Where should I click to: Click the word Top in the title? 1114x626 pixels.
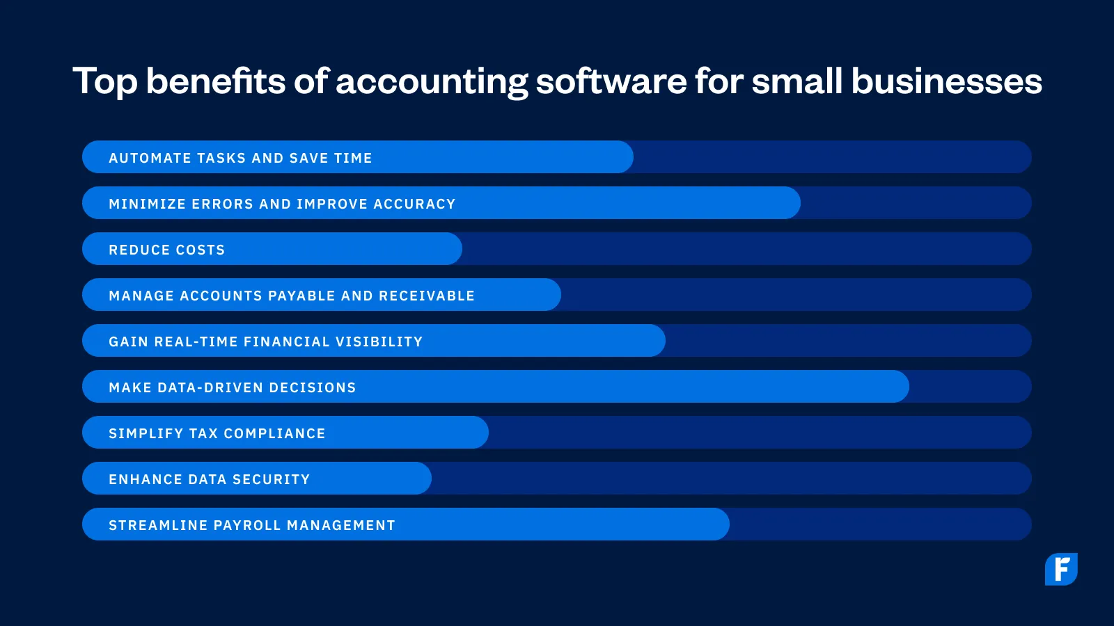105,82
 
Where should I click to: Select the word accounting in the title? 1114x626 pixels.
432,82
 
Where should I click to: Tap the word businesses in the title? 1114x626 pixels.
946,82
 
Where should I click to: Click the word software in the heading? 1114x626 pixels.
611,82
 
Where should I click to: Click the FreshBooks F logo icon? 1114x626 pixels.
1061,569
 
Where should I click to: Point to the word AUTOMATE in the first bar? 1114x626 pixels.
150,158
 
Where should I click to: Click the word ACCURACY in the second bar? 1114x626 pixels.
414,204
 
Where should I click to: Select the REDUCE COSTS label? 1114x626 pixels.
167,250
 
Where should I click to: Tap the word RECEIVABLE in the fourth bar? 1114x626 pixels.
427,296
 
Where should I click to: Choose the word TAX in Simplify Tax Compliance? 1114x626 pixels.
203,433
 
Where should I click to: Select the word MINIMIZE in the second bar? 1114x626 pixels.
147,204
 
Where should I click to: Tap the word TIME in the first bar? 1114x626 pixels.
353,158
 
